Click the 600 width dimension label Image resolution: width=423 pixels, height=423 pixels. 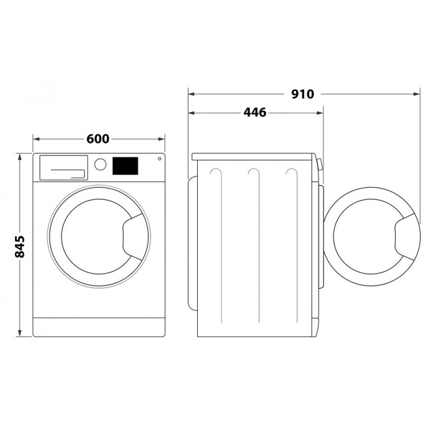[x=98, y=139]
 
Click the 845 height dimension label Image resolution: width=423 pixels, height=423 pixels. [x=20, y=246]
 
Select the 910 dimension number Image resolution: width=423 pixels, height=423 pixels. [x=302, y=94]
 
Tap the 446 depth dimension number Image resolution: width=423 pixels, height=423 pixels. [x=255, y=113]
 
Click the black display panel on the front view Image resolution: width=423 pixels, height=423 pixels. [x=125, y=166]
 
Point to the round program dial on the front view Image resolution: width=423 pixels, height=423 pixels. [x=100, y=164]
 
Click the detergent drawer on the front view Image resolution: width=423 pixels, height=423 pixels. [x=63, y=168]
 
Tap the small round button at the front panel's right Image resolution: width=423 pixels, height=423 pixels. [x=160, y=159]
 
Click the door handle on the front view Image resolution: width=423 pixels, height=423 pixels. [x=133, y=237]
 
